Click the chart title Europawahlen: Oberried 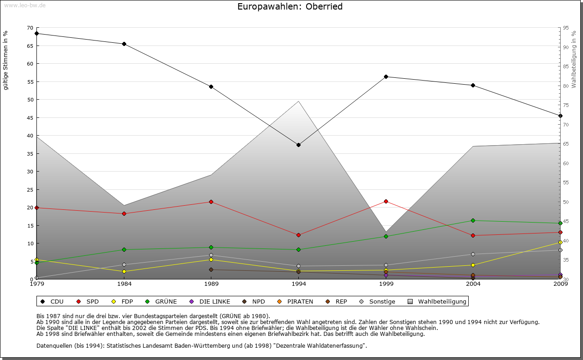point(290,7)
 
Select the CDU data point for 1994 point(298,145)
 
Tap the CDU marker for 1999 point(386,76)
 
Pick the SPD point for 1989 point(211,202)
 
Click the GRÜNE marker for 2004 point(473,221)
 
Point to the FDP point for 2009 point(560,242)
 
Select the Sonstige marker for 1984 point(124,264)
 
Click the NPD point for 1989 point(211,269)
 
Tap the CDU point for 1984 point(124,44)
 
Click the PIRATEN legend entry point(296,301)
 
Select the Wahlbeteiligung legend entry point(437,301)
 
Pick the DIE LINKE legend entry point(210,301)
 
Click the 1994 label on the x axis point(298,284)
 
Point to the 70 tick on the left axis point(30,28)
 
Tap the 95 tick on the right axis point(566,28)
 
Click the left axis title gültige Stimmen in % point(6,60)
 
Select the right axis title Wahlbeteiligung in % point(574,60)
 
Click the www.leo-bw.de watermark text point(25,5)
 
